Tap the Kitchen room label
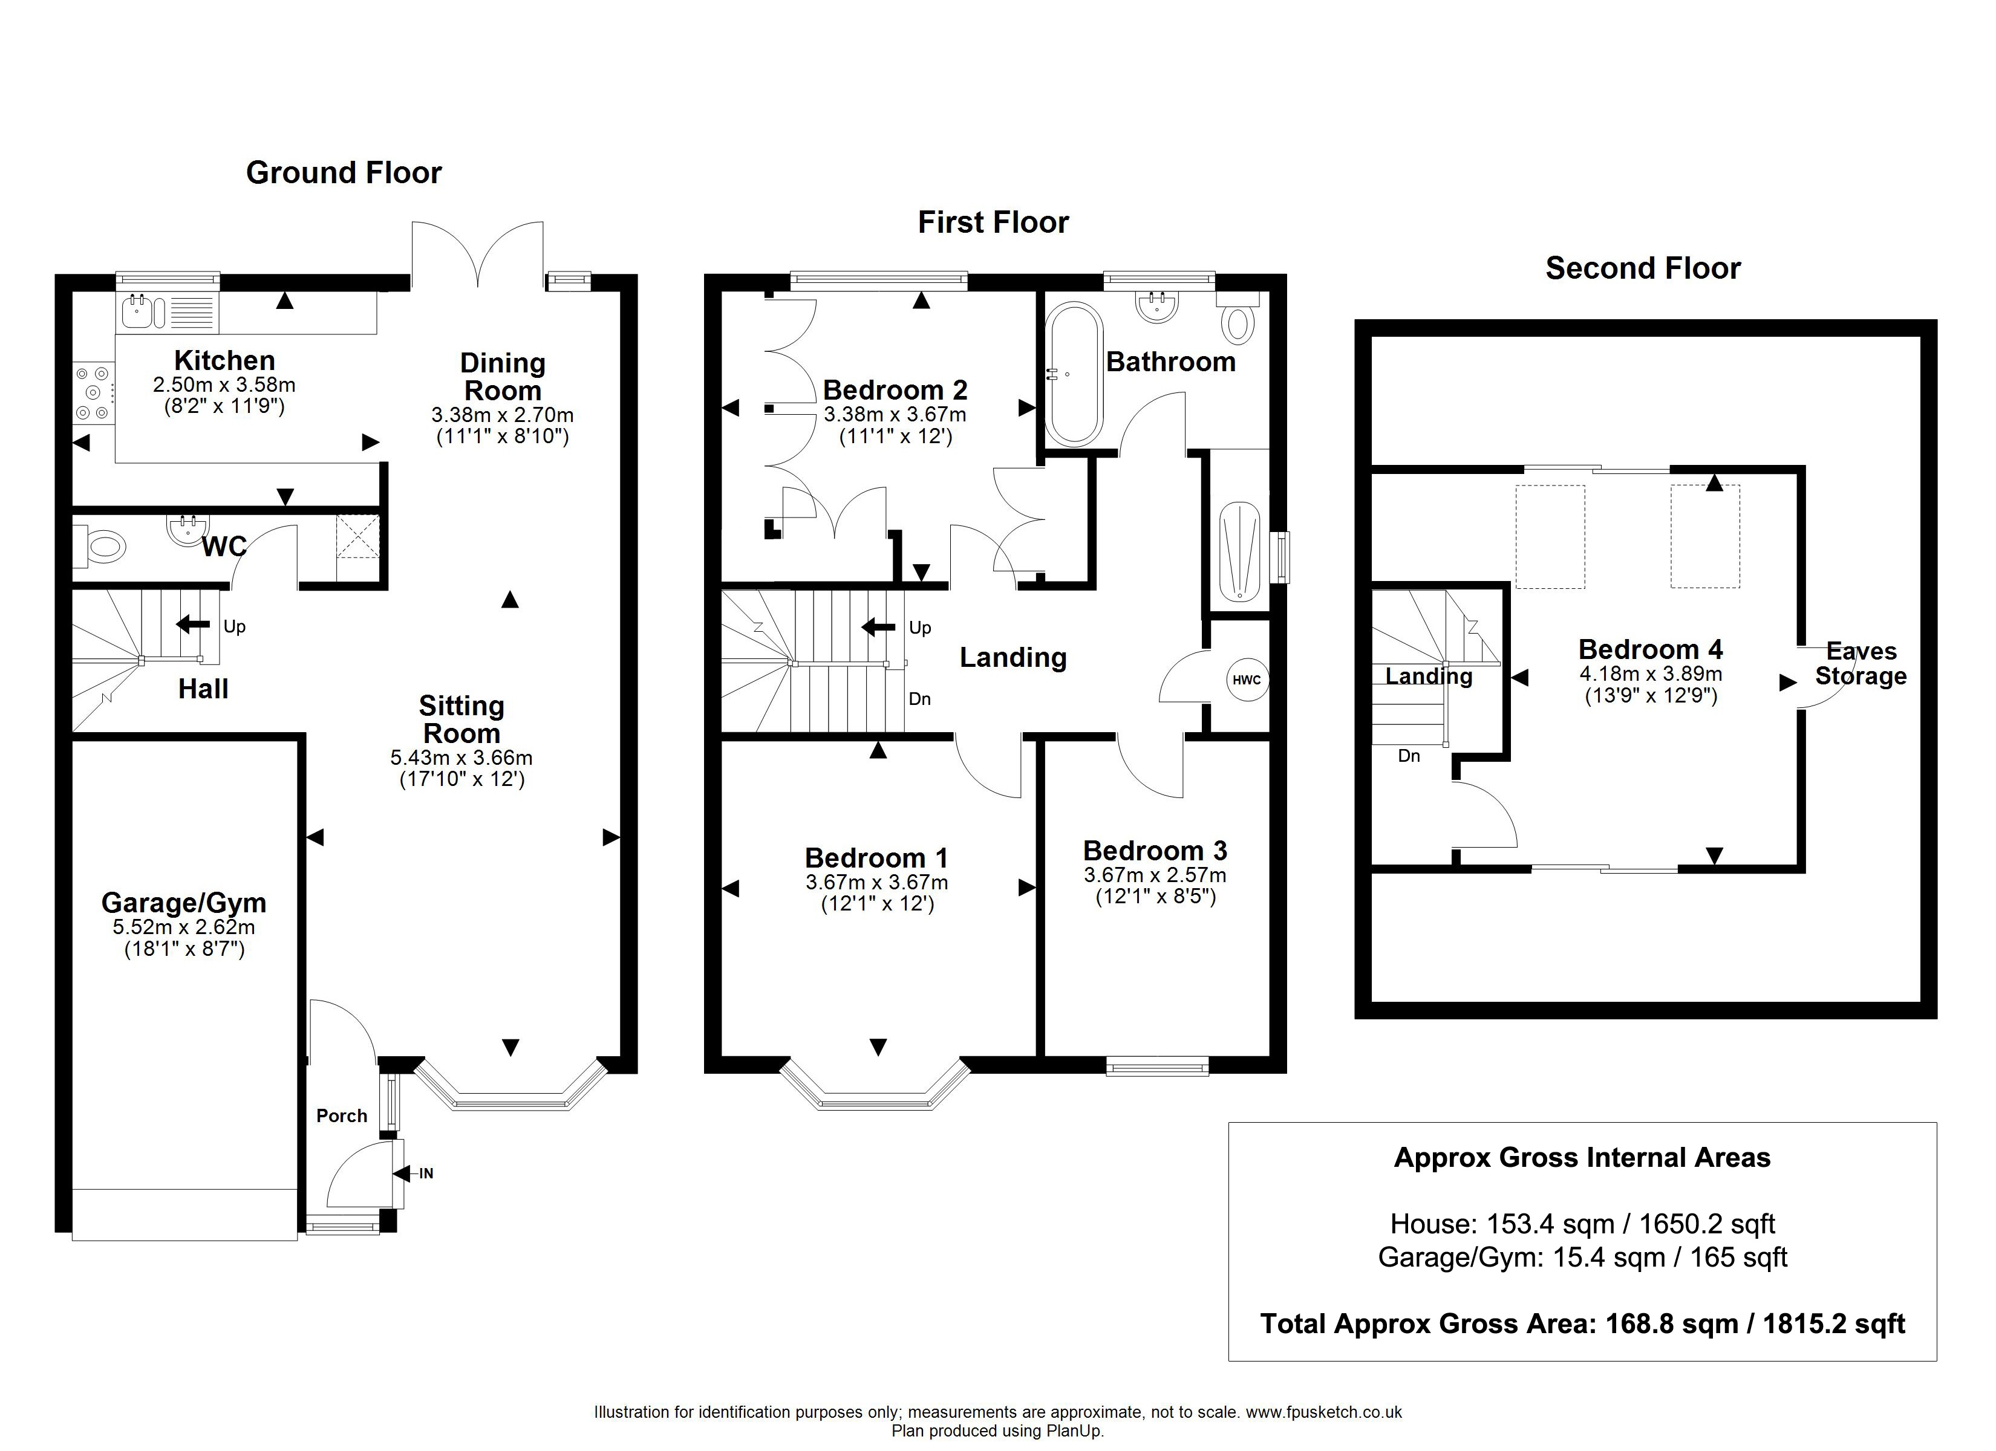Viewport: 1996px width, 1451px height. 224,361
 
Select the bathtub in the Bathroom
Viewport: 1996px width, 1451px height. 1073,373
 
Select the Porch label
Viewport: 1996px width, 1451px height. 342,1115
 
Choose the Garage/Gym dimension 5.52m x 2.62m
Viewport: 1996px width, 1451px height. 184,927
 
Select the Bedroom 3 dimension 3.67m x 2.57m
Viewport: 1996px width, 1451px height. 1155,875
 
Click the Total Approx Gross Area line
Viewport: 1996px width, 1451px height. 1582,1323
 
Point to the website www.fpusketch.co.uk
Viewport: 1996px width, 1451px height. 1323,1412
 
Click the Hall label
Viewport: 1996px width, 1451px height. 203,689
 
